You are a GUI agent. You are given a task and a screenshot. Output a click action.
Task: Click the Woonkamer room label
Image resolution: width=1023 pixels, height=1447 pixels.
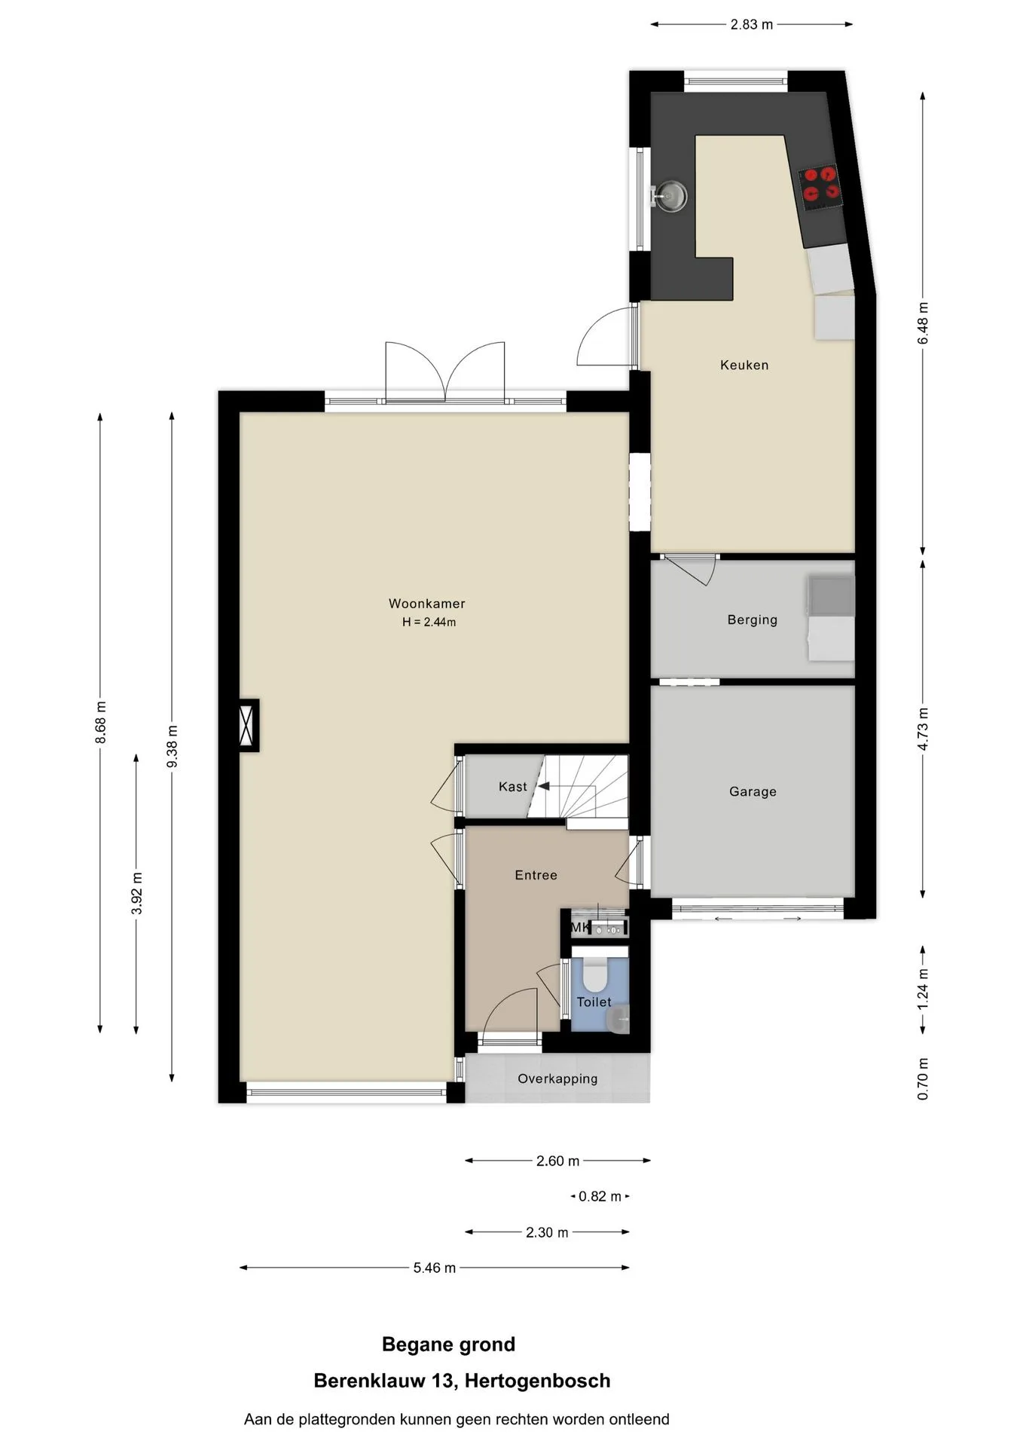(426, 604)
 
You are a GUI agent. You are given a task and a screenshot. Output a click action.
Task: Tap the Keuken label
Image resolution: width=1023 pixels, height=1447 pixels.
(744, 366)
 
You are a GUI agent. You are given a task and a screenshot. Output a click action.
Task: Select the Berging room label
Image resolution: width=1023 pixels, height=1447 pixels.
(752, 620)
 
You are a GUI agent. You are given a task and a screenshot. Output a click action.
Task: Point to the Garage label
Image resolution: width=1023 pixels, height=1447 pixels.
(753, 791)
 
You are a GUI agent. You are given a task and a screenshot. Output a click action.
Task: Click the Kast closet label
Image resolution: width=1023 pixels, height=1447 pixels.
(513, 787)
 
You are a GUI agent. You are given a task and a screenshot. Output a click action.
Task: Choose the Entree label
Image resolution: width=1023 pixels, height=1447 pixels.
(536, 875)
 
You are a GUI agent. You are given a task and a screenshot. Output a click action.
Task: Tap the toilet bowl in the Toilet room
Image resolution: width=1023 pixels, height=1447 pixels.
(594, 975)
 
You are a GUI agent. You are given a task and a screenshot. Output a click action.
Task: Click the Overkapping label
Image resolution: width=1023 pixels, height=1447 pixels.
(557, 1079)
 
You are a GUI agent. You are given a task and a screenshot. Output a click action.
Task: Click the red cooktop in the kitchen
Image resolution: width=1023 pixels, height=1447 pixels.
(820, 185)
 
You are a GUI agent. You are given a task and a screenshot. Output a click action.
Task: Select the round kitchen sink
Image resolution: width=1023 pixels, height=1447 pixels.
(669, 196)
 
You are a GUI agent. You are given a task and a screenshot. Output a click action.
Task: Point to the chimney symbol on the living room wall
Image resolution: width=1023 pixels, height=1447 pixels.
(248, 725)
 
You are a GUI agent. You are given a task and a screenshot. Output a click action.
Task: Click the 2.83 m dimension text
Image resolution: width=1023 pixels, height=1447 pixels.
(751, 25)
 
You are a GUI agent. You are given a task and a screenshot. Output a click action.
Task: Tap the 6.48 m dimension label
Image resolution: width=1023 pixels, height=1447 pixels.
(923, 323)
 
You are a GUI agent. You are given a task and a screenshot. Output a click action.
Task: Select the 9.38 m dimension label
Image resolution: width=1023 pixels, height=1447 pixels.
(173, 746)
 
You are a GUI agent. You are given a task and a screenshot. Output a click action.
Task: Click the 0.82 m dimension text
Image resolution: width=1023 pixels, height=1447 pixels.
(600, 1197)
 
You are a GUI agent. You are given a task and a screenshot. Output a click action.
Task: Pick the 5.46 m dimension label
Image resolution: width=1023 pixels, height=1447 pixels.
(435, 1268)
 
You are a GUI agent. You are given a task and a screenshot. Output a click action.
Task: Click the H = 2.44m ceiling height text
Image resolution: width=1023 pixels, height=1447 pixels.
(429, 623)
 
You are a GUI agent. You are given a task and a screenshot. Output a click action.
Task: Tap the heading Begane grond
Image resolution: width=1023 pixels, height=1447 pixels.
(448, 1345)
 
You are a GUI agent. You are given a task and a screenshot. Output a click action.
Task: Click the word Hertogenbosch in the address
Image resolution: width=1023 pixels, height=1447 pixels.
(537, 1381)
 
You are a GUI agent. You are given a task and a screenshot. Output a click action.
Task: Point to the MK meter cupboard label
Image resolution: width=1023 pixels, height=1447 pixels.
(579, 928)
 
